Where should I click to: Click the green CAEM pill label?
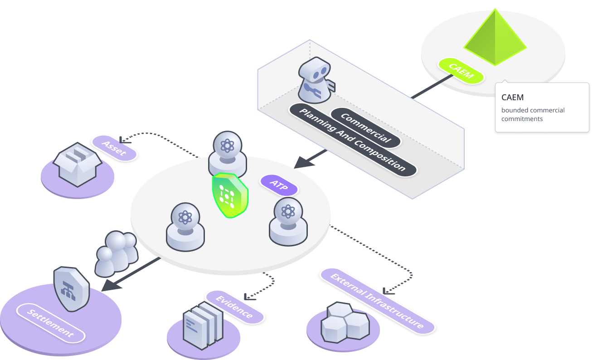[461, 71]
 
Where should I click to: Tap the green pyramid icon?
[495, 37]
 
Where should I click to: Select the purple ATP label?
[279, 185]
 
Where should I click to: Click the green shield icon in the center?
[230, 195]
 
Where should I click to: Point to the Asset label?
[114, 148]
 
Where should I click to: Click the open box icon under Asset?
[78, 165]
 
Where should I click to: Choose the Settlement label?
[51, 323]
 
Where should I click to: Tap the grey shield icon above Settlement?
[72, 289]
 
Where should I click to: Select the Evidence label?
[234, 307]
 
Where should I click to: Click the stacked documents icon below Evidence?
[203, 326]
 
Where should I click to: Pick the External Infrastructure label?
[378, 301]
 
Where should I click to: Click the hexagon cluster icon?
[345, 322]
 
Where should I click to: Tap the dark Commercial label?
[366, 127]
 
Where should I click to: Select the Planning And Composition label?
[353, 140]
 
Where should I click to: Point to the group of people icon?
[117, 253]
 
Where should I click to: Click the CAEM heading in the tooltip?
[512, 97]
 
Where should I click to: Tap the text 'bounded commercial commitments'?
[533, 114]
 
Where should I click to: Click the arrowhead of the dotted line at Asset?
[124, 140]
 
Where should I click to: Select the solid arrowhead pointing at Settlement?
[112, 286]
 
